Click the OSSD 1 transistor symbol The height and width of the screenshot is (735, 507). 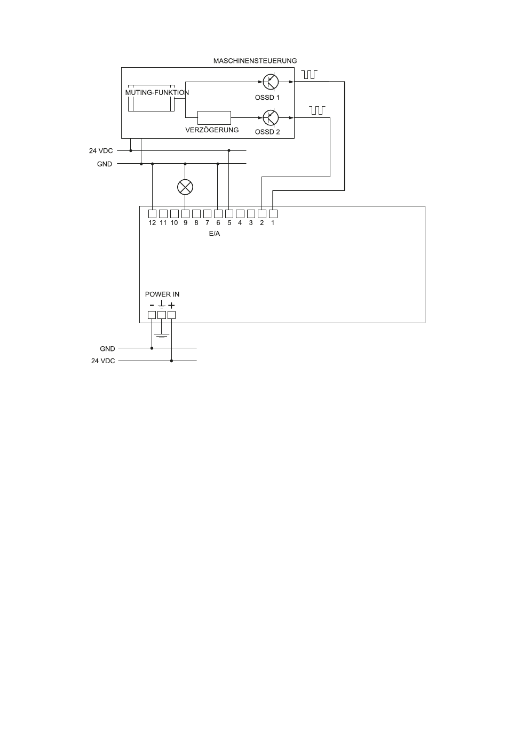click(x=271, y=82)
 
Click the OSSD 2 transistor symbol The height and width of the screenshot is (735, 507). click(x=271, y=117)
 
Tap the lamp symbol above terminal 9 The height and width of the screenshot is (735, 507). click(x=185, y=187)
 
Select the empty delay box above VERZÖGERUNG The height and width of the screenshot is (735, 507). click(x=214, y=117)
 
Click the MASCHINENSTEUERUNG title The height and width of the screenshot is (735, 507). click(x=255, y=61)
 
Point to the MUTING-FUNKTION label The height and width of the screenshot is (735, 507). click(x=157, y=92)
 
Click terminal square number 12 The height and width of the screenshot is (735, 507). click(x=153, y=214)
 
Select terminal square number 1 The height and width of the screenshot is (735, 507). click(x=273, y=214)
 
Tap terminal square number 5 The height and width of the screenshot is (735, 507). click(x=229, y=214)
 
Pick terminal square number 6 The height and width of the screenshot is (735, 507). click(x=218, y=214)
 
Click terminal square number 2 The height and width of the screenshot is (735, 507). click(x=262, y=214)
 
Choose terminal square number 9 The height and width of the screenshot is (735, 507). click(x=185, y=214)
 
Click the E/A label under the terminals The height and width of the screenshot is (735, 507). click(x=215, y=234)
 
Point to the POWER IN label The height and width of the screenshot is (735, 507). click(x=162, y=294)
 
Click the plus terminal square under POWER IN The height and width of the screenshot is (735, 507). click(x=171, y=315)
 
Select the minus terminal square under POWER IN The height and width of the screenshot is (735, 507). click(x=152, y=315)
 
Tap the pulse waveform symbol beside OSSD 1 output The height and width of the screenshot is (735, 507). click(x=310, y=74)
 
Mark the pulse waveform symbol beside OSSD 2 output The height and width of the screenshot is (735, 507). click(x=317, y=110)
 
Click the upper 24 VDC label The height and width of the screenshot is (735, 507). click(x=101, y=151)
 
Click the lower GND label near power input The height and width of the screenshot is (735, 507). click(x=107, y=349)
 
